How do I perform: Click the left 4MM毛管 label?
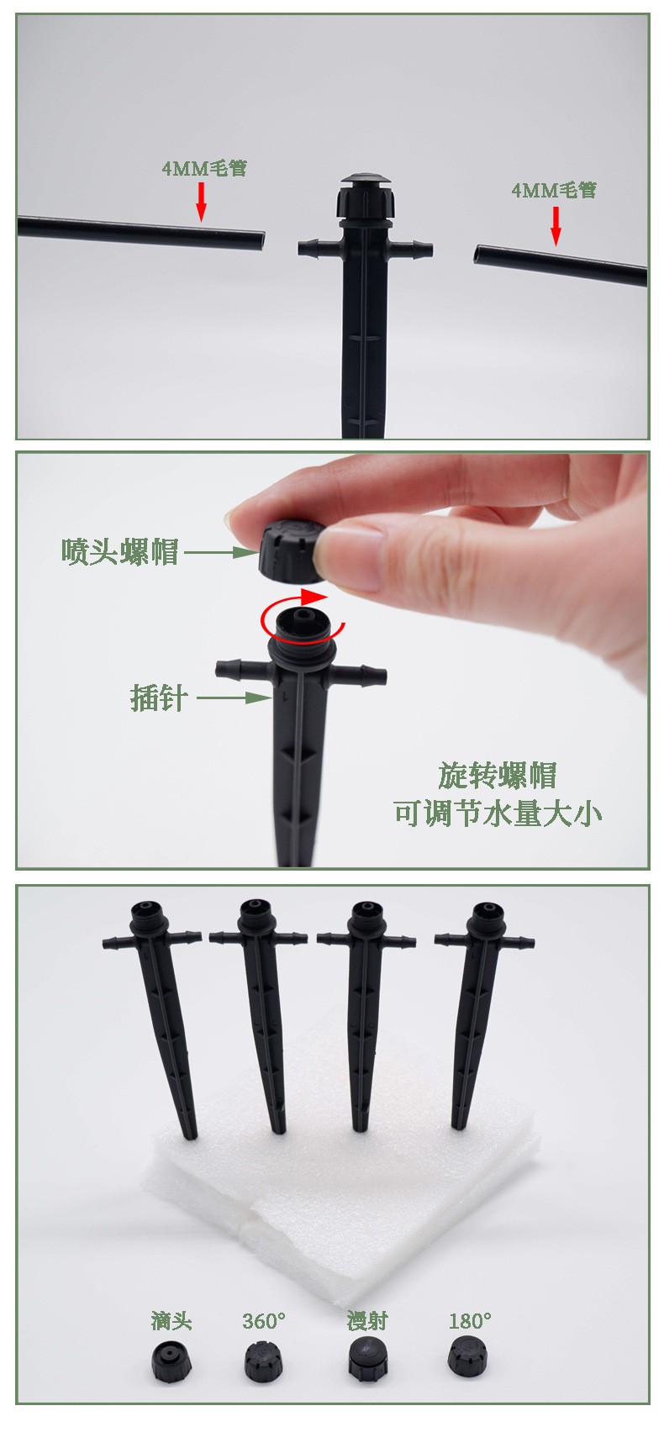(x=204, y=169)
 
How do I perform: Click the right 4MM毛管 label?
(x=553, y=191)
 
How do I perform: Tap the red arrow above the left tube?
(x=202, y=202)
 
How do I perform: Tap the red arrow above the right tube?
(x=556, y=226)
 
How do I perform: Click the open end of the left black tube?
(x=261, y=240)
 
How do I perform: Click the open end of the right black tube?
(x=478, y=254)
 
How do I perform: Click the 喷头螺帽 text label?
(x=119, y=551)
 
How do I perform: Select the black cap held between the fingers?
(x=293, y=550)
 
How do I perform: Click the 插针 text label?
(x=159, y=698)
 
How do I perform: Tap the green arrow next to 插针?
(x=235, y=698)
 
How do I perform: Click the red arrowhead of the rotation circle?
(x=314, y=598)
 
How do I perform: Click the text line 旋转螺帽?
(x=497, y=776)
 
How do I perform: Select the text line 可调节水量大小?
(x=497, y=813)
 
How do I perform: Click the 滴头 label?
(x=171, y=1320)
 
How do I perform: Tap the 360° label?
(x=264, y=1321)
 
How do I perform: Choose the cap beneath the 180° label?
(x=467, y=1357)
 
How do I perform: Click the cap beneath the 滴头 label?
(x=171, y=1362)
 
